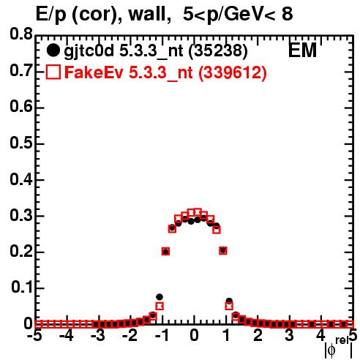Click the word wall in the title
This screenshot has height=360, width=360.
149,14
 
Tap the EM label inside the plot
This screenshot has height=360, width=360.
302,50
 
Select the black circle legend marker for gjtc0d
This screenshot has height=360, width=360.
53,50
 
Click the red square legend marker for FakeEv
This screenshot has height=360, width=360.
53,72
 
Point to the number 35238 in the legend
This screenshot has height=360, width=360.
218,50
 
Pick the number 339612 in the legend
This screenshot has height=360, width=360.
233,72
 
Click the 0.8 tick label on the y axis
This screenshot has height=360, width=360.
21,34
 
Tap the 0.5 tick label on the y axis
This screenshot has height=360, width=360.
21,143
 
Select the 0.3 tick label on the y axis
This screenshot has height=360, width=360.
21,215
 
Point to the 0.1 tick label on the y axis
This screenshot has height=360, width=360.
22,288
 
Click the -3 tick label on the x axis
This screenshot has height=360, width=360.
98,336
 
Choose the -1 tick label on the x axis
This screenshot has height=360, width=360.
162,336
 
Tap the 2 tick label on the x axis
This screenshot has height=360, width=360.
258,336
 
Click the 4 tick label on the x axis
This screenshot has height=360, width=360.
321,336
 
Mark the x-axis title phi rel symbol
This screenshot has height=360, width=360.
339,348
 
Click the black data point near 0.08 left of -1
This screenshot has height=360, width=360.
160,297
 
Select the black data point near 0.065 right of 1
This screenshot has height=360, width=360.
229,301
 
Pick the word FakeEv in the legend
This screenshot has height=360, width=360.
94,72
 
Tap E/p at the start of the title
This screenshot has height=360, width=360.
51,15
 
